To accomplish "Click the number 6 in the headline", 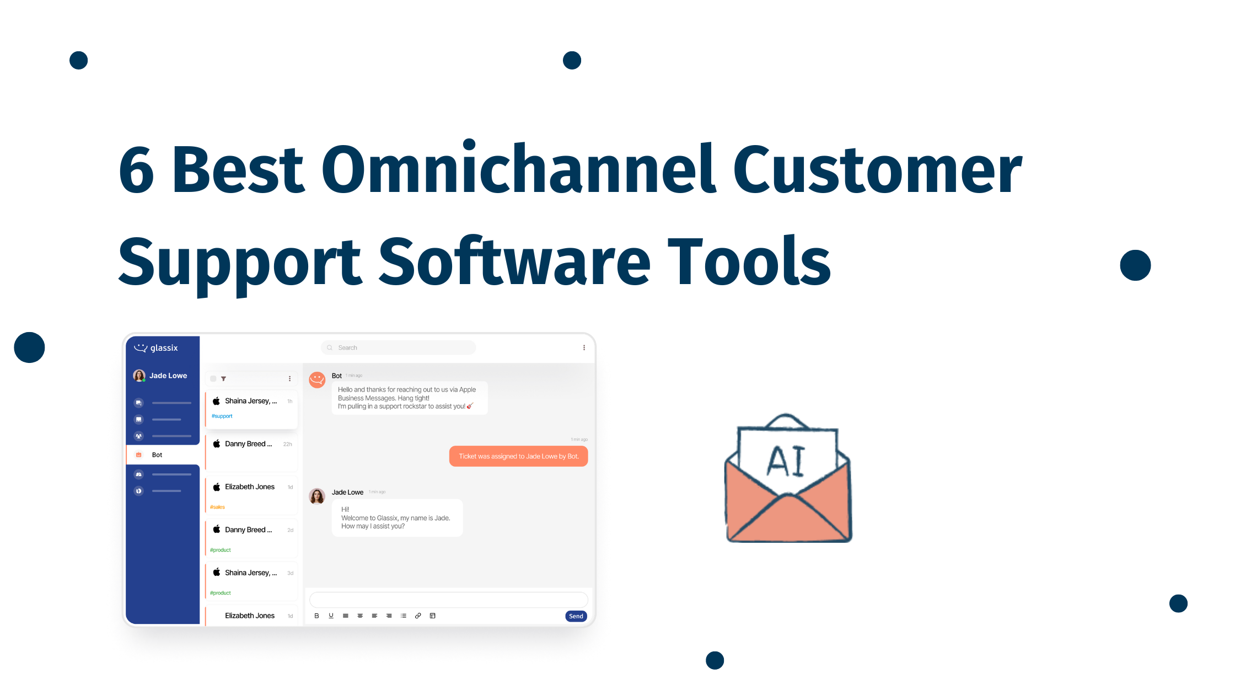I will [x=136, y=170].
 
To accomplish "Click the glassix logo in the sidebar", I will [x=157, y=348].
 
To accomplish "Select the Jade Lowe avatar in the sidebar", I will [x=139, y=376].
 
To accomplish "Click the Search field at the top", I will [x=398, y=347].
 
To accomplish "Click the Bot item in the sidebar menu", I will [x=157, y=455].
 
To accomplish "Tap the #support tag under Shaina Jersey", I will [x=222, y=416].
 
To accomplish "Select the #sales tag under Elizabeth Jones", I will [x=217, y=507].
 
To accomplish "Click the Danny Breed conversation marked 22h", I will [x=251, y=445].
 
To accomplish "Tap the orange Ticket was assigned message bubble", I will [x=518, y=456].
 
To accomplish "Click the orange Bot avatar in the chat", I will [x=317, y=379].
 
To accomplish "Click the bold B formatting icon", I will [x=316, y=616].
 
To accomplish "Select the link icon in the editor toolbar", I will [x=418, y=616].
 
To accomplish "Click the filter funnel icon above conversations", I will [x=223, y=379].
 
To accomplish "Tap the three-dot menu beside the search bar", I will [x=584, y=347].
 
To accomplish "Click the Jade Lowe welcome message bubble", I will [x=397, y=518].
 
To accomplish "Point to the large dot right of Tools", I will [x=1135, y=265].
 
